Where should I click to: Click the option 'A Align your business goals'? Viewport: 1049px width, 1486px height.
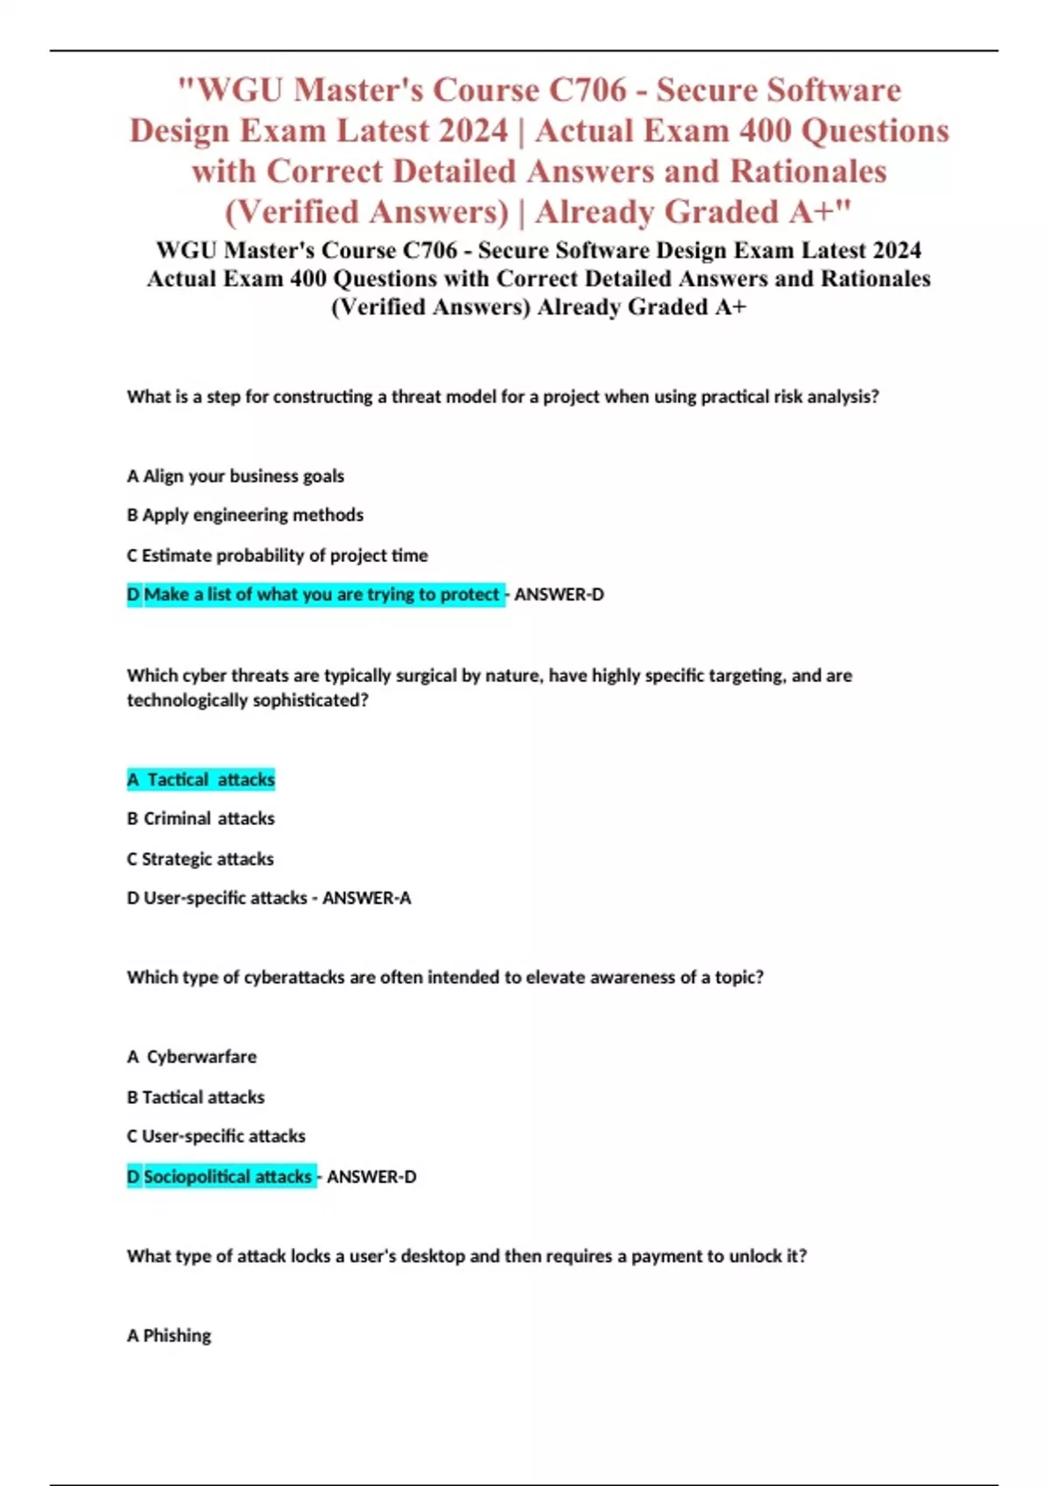[235, 476]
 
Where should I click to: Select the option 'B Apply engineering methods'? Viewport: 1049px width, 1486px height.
[245, 516]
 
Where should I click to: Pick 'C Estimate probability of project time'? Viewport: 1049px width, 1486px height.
[277, 556]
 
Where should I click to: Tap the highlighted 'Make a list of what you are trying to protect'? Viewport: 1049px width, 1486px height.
[321, 595]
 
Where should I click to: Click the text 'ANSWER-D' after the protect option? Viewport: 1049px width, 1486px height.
[559, 595]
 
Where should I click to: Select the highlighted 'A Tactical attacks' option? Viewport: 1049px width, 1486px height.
[201, 780]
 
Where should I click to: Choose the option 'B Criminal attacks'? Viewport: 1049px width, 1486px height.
[201, 819]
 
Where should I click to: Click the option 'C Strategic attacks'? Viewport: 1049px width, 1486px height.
[200, 859]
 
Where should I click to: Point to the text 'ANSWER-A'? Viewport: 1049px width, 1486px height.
[366, 899]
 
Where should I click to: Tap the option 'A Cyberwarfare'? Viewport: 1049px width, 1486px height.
[192, 1057]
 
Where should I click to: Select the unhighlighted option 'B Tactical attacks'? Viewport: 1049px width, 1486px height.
[196, 1097]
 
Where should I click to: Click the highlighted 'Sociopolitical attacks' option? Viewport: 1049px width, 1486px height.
[227, 1177]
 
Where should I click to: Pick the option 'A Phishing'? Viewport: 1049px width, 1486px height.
[169, 1336]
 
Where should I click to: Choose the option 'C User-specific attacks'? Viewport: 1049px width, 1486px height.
[216, 1136]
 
